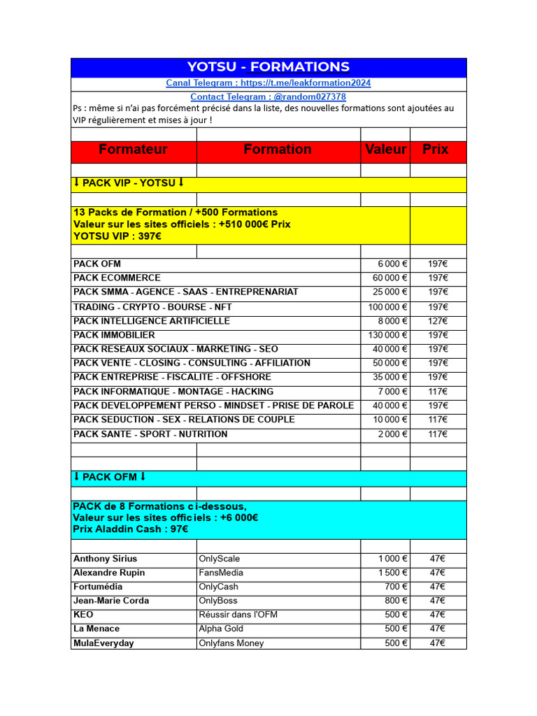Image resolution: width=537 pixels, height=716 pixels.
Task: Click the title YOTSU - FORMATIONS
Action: coord(268,67)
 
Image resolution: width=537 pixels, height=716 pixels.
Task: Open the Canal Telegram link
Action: coord(268,83)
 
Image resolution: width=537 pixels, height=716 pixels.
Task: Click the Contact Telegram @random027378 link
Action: coord(268,97)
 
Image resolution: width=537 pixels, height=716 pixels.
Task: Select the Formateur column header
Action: coord(134,150)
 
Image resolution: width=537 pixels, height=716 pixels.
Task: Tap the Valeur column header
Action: coord(385,150)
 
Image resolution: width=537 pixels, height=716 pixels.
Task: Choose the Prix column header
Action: coord(436,150)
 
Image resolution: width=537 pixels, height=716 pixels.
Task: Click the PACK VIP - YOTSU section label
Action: coord(129,183)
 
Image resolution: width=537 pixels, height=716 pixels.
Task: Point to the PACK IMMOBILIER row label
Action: coord(114,335)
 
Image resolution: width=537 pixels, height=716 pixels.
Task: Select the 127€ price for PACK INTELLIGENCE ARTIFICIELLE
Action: coord(438,321)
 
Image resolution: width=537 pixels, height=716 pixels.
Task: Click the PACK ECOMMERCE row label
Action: coord(117,278)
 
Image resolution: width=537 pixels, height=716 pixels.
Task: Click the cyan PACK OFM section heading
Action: coord(110,478)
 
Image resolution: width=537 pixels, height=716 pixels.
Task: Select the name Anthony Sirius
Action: coord(105,559)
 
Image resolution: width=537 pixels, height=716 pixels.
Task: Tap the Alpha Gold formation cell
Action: coord(221,629)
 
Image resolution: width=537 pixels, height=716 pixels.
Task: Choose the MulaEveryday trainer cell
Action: coord(103,643)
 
